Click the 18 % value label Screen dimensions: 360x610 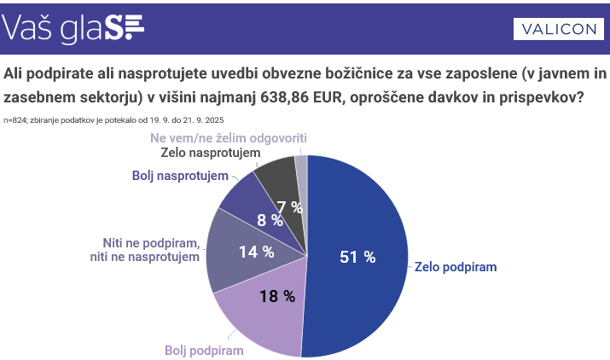tap(277, 296)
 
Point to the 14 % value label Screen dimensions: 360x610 tap(256, 252)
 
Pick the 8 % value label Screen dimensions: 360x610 tap(270, 220)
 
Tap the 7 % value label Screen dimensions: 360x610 tap(290, 206)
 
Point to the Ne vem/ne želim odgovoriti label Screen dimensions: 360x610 tap(228, 137)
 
